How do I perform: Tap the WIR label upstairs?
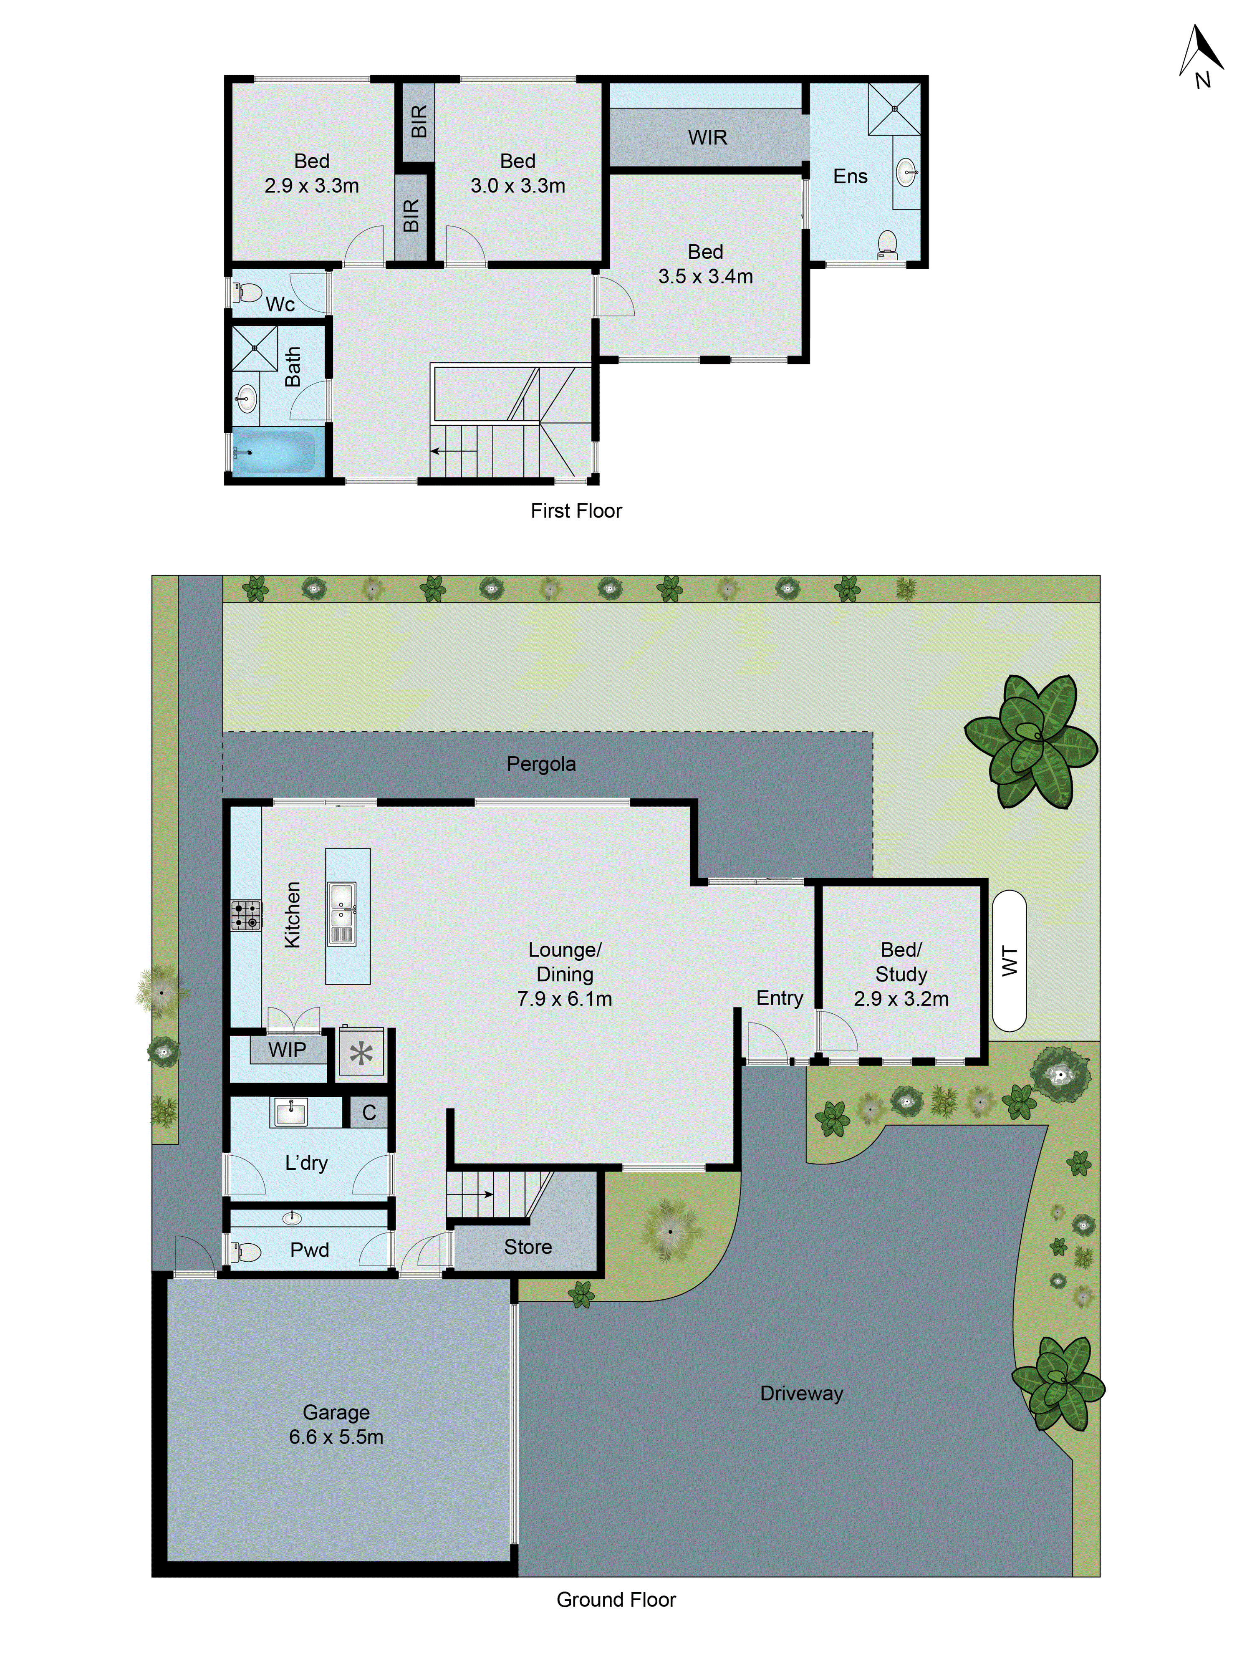click(707, 137)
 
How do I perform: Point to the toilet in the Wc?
click(247, 291)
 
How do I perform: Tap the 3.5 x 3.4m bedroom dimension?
click(705, 276)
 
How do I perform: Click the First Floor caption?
click(576, 511)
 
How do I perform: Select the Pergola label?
click(540, 764)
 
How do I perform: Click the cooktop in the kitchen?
click(246, 915)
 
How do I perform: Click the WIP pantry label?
click(287, 1050)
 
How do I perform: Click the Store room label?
click(528, 1247)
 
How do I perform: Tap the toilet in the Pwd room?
click(246, 1252)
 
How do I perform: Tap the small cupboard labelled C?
click(368, 1112)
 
